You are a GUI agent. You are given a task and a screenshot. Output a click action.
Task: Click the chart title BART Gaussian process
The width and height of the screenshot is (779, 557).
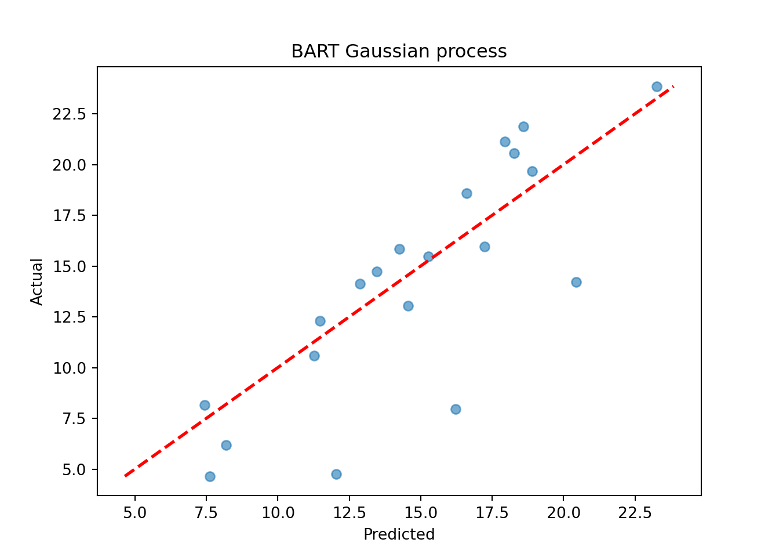[399, 52]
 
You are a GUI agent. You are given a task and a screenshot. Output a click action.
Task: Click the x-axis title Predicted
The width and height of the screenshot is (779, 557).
[399, 534]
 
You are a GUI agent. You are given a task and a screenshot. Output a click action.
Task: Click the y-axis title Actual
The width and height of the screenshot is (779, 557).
[36, 282]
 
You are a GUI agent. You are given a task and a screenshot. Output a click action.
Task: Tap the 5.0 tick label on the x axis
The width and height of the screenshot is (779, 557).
[134, 513]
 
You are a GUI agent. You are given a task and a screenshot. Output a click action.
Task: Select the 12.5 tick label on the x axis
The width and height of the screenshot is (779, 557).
[349, 513]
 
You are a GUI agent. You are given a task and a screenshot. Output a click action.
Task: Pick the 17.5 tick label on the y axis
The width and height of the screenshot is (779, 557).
[69, 216]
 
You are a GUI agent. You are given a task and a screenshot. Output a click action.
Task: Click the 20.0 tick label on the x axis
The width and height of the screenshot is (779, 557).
[563, 513]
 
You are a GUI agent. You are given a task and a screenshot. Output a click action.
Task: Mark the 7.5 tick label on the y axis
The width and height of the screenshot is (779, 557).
[74, 419]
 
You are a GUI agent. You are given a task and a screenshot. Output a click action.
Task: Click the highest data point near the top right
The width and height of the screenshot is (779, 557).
[657, 86]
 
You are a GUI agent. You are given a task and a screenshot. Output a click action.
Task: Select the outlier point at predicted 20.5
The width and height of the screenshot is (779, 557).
[576, 283]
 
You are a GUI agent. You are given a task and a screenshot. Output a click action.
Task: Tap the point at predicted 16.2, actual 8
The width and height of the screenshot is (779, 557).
[456, 410]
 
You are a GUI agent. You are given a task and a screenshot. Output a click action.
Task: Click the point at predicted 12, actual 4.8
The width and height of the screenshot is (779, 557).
[336, 474]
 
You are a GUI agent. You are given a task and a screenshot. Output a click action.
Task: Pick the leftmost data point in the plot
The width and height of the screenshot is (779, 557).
[205, 405]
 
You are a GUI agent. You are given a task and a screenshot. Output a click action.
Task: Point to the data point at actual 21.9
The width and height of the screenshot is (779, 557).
[524, 126]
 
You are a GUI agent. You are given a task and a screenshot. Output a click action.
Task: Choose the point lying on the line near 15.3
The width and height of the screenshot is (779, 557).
[428, 256]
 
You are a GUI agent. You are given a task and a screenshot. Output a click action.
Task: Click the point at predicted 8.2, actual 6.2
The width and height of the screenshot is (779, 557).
[226, 445]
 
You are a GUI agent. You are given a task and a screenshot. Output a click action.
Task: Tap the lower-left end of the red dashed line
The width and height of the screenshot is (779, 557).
[125, 476]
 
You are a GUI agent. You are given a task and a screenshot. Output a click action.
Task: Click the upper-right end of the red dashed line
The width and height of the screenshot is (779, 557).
[674, 86]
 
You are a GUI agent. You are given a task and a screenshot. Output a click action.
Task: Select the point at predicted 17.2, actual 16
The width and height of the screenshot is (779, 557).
[485, 247]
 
